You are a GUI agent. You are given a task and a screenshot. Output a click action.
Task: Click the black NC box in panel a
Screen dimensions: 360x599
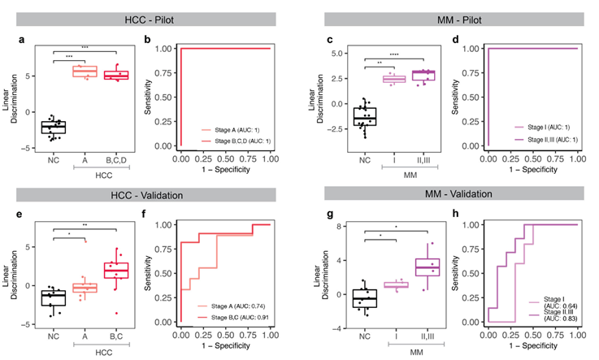(54, 127)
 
